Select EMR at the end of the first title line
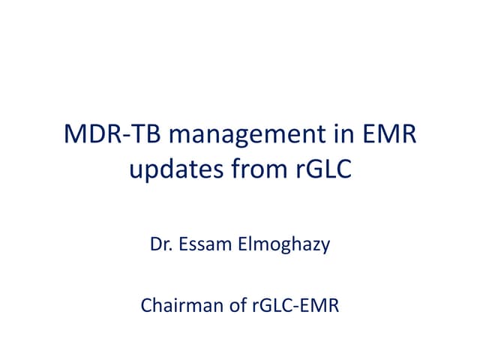coord(389,138)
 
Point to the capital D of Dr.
coord(156,244)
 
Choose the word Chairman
coord(173,307)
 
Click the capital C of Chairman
coord(145,307)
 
